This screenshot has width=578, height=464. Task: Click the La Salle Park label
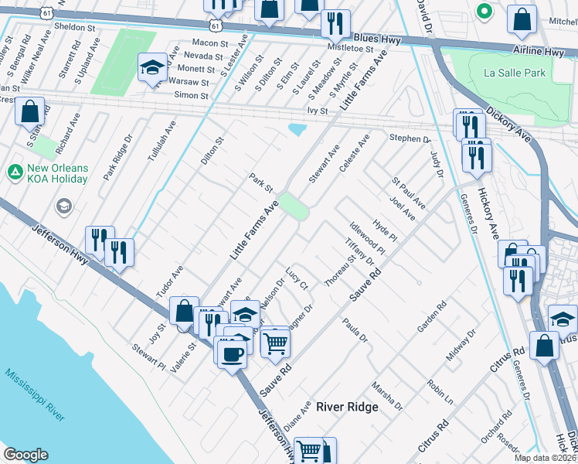(x=515, y=73)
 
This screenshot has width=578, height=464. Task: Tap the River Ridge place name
(x=347, y=408)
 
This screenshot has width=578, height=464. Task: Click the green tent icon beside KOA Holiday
(x=15, y=171)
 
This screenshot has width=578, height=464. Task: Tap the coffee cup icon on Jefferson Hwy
(x=232, y=355)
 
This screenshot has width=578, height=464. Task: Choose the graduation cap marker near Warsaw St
(x=152, y=68)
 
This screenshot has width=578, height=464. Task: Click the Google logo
(x=25, y=455)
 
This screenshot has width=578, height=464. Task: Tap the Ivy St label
(x=318, y=111)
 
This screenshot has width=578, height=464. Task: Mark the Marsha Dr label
(x=386, y=395)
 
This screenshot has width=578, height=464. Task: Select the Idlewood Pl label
(x=367, y=239)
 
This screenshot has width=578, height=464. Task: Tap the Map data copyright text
(x=544, y=458)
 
